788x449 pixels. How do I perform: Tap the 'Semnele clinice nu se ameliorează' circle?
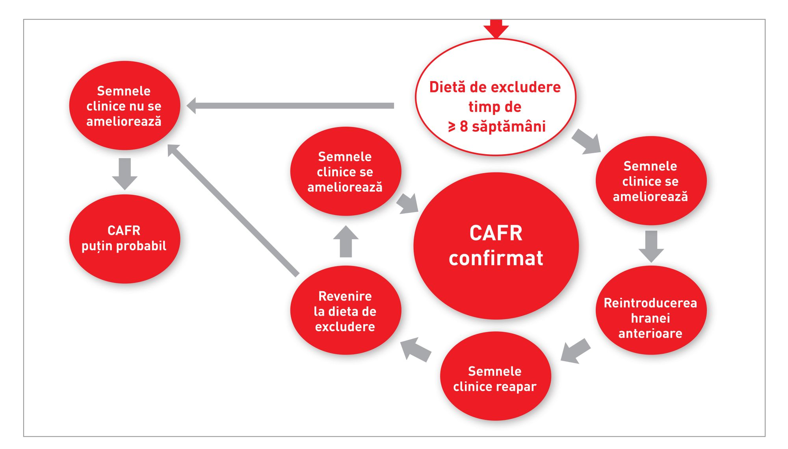click(125, 105)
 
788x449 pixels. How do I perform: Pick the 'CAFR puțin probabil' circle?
click(125, 238)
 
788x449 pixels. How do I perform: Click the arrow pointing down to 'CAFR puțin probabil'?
click(125, 173)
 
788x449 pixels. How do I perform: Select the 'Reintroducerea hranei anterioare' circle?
click(650, 310)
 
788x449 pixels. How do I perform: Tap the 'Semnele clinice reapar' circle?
click(495, 376)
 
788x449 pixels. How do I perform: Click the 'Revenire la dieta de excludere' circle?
click(346, 310)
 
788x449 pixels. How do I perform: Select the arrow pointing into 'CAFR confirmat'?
click(408, 203)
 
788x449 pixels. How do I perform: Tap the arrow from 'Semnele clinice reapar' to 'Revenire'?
click(415, 349)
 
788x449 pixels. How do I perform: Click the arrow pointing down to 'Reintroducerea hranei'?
click(651, 246)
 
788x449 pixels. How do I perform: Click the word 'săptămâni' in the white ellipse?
click(509, 126)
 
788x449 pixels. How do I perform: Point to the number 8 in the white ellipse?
click(464, 126)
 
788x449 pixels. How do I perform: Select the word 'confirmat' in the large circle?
click(496, 258)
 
